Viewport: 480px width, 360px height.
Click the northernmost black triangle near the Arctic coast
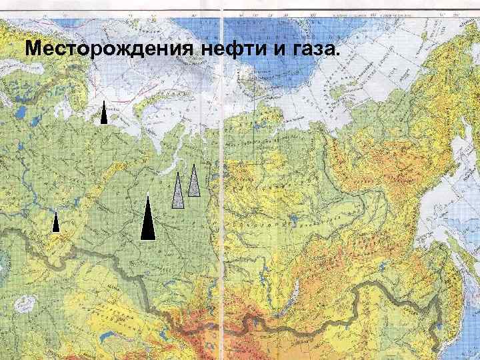point(104,114)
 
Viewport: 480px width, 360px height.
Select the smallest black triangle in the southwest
point(56,223)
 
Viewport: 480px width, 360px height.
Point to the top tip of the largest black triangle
point(148,194)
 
